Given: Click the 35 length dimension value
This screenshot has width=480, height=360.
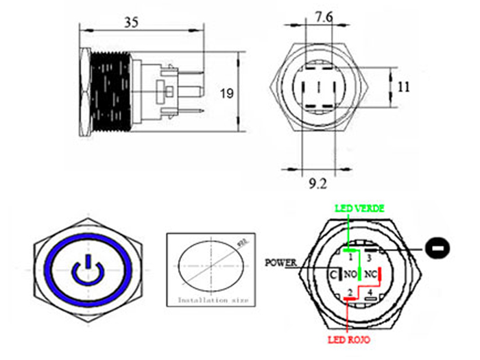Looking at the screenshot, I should point(132,23).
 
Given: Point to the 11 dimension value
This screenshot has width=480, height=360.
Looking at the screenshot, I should point(403,87).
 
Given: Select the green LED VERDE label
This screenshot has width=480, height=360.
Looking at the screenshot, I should point(359,208).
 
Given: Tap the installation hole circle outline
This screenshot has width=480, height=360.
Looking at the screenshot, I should point(180,267).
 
